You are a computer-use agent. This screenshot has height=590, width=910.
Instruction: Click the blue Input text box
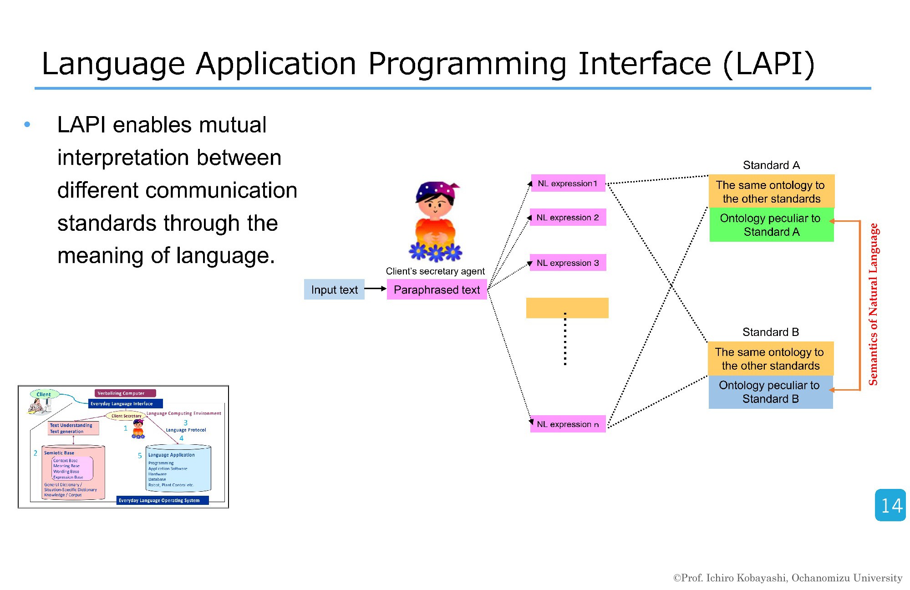(x=334, y=290)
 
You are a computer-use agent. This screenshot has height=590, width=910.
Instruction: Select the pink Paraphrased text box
(x=437, y=290)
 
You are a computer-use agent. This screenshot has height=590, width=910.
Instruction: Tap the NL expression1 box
(x=568, y=183)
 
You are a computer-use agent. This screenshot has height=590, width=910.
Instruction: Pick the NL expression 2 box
(x=568, y=217)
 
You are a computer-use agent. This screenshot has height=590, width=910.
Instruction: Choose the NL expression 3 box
(x=568, y=263)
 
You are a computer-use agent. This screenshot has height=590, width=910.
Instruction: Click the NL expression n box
(x=568, y=424)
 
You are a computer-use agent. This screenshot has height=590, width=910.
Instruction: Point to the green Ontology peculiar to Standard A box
(x=771, y=225)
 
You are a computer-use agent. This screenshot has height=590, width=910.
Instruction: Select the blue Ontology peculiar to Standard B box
(x=770, y=392)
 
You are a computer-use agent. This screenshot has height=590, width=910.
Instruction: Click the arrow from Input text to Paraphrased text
(x=375, y=289)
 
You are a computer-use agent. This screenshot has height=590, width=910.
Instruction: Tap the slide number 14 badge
(x=890, y=505)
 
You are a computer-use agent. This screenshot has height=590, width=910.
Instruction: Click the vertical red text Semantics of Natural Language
(x=873, y=304)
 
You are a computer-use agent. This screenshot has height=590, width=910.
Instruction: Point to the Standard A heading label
(x=771, y=165)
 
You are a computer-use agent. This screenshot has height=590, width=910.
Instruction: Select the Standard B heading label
(x=770, y=332)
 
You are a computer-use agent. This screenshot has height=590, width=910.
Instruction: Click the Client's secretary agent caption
(x=435, y=271)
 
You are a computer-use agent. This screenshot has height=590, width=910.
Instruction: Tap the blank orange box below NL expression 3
(x=567, y=307)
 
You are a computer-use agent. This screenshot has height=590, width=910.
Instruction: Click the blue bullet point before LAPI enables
(x=27, y=124)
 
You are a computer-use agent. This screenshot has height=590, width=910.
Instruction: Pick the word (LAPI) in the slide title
(x=768, y=64)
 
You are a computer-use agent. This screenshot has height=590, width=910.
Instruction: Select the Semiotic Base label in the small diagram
(x=59, y=453)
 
